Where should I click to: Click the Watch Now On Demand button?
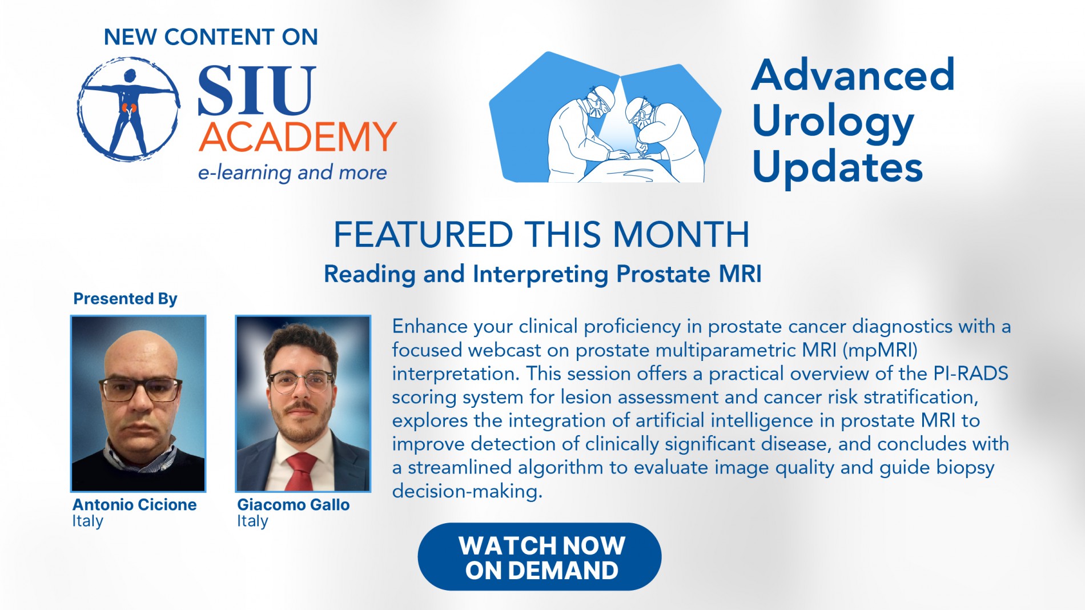pyautogui.click(x=540, y=557)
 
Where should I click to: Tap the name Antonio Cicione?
pyautogui.click(x=134, y=505)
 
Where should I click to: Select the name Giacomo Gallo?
pyautogui.click(x=294, y=505)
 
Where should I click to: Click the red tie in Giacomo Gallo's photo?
pyautogui.click(x=300, y=471)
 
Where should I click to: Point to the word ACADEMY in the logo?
pyautogui.click(x=298, y=137)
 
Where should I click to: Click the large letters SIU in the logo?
pyautogui.click(x=256, y=90)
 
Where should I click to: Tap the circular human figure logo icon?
pyautogui.click(x=129, y=109)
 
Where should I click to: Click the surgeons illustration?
pyautogui.click(x=605, y=117)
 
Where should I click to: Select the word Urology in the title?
pyautogui.click(x=833, y=122)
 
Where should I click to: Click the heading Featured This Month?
pyautogui.click(x=541, y=234)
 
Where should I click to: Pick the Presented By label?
pyautogui.click(x=125, y=299)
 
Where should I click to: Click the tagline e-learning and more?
pyautogui.click(x=292, y=172)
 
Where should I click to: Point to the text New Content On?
pyautogui.click(x=211, y=37)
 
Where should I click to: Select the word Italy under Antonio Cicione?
pyautogui.click(x=87, y=521)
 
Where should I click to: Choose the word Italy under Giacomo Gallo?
pyautogui.click(x=252, y=521)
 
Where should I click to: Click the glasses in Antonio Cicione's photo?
pyautogui.click(x=140, y=390)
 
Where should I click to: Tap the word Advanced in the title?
pyautogui.click(x=853, y=75)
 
